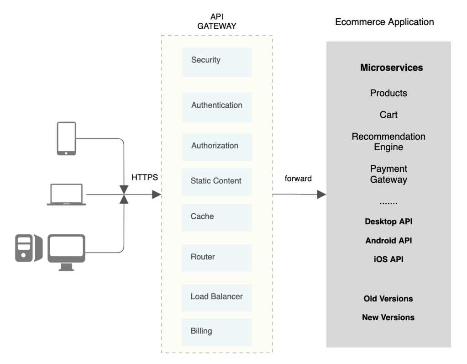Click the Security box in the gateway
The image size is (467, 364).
click(x=217, y=62)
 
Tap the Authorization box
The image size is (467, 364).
click(x=217, y=147)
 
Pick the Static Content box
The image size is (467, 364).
click(x=217, y=181)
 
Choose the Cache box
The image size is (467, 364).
click(x=217, y=217)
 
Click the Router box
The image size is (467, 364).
click(x=217, y=258)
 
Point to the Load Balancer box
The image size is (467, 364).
click(x=217, y=297)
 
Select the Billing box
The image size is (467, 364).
click(x=217, y=332)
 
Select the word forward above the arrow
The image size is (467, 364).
click(x=297, y=179)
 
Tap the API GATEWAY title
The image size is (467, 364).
click(x=216, y=21)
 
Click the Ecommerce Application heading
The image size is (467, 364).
click(x=384, y=22)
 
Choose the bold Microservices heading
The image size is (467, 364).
click(x=391, y=68)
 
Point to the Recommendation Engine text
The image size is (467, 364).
click(x=388, y=142)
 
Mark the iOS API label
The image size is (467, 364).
click(x=388, y=259)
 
